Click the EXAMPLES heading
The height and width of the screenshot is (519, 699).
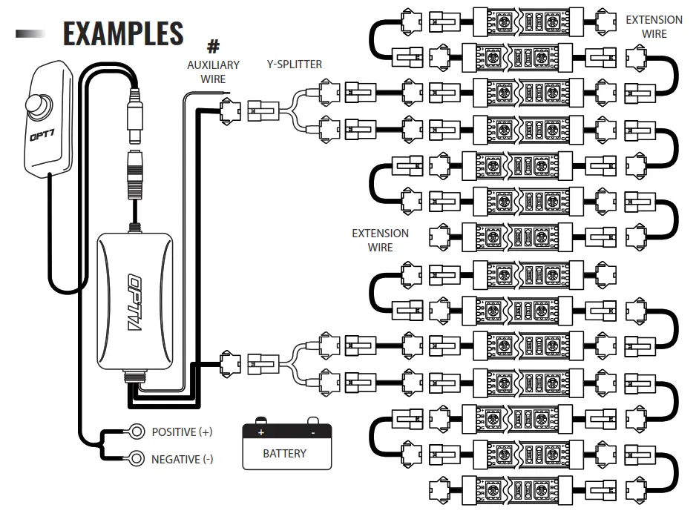123,33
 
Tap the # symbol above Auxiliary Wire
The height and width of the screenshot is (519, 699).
213,47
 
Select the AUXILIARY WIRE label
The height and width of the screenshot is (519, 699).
213,71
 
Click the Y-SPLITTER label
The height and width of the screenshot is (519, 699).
295,65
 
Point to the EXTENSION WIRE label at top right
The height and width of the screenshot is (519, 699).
654,27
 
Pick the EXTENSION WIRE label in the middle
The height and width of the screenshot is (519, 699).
380,239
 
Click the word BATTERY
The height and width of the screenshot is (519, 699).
284,453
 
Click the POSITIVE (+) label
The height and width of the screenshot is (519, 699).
182,432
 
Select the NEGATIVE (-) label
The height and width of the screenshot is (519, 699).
182,459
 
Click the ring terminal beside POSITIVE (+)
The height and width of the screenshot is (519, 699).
137,431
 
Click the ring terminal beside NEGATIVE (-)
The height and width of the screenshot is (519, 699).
137,458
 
